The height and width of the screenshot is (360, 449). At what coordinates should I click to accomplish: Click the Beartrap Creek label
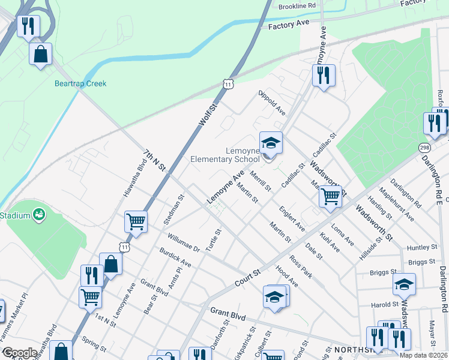point(80,83)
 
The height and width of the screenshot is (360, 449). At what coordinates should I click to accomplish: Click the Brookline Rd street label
point(297,5)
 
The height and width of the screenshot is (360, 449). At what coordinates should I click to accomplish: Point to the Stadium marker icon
point(40,214)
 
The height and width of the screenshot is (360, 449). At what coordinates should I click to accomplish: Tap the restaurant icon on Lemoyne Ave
point(323,75)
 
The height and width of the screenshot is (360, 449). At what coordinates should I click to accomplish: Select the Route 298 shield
point(425,148)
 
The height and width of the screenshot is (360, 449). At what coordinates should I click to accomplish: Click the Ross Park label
point(301,266)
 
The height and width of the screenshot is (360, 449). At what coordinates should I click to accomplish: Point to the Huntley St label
point(421,247)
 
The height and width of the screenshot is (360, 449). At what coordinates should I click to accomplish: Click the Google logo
point(20,353)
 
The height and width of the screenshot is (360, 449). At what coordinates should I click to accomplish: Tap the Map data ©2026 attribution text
point(424,355)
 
